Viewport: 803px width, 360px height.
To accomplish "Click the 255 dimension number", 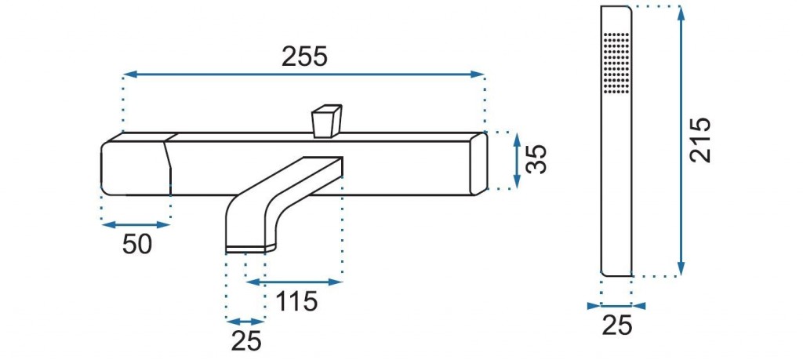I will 303,57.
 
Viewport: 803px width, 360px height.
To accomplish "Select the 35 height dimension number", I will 537,161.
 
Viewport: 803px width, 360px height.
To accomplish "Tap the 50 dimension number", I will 136,244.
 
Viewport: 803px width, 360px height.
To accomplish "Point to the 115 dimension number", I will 296,300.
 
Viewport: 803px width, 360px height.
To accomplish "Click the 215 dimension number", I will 700,140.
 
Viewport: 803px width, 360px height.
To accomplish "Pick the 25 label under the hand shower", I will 616,325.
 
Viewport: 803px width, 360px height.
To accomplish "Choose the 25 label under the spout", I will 245,340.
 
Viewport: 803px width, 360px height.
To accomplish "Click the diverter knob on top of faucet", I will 327,122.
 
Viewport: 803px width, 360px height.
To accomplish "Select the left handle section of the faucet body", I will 136,165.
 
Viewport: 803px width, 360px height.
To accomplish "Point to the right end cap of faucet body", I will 478,163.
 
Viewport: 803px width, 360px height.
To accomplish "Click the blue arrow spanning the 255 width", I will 303,75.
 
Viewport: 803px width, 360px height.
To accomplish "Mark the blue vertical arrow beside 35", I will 516,161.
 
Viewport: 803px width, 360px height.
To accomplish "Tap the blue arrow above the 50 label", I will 136,224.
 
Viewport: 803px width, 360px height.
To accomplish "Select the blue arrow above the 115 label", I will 294,282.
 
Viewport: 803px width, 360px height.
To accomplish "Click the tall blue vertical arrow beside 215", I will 681,141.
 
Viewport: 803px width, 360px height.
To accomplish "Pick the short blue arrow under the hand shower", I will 616,306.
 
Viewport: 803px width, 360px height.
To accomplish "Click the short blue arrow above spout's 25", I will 245,321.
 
